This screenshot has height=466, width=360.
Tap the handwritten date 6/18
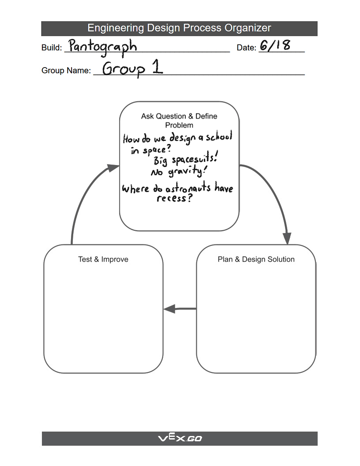click(x=275, y=45)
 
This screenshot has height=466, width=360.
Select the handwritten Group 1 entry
click(x=132, y=68)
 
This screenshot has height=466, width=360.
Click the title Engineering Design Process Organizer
click(x=179, y=28)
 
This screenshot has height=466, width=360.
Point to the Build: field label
click(x=52, y=48)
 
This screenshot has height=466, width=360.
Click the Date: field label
click(x=246, y=48)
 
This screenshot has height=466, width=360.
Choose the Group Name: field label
click(x=66, y=71)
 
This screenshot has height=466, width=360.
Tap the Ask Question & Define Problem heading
click(x=179, y=120)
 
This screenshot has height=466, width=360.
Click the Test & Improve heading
click(x=103, y=259)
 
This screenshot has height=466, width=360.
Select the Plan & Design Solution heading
click(x=256, y=259)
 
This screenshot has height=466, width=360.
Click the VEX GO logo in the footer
click(x=180, y=439)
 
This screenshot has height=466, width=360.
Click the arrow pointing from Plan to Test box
click(x=180, y=309)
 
